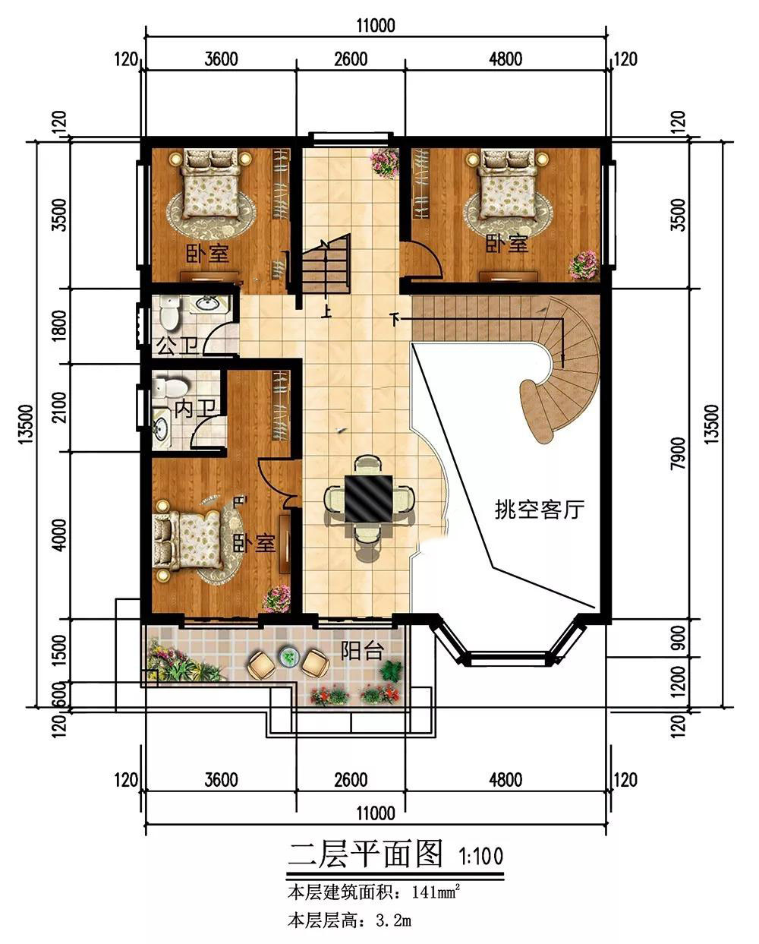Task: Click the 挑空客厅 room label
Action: tap(540, 510)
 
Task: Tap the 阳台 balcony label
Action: tap(363, 651)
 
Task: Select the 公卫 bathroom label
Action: tap(177, 346)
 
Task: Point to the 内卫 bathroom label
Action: tap(196, 409)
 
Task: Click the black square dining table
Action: tap(368, 498)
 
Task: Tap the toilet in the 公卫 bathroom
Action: tap(168, 312)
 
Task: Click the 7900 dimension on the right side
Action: tap(678, 453)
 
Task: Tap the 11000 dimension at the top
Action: tap(376, 26)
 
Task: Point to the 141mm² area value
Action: tap(436, 892)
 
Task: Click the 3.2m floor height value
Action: tap(393, 920)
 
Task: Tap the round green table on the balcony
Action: tap(288, 657)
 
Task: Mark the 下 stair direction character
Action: tap(395, 320)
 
